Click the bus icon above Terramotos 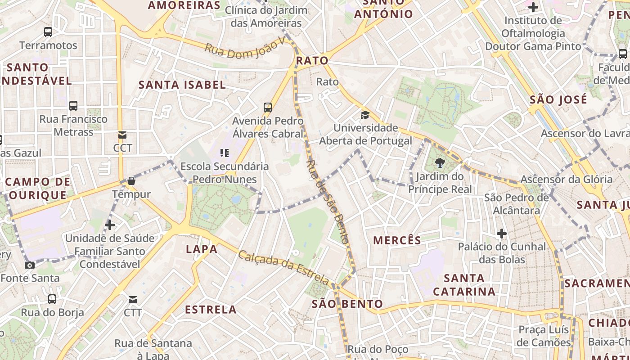point(48,32)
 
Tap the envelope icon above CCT point(122,135)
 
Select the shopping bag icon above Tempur point(131,181)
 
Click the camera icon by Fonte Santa point(30,265)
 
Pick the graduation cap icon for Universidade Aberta point(365,115)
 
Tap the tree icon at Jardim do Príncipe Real point(440,163)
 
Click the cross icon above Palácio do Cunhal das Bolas point(502,234)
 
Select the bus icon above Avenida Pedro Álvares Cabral point(268,107)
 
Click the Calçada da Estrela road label point(283,267)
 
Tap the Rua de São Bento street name point(327,202)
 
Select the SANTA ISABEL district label point(182,85)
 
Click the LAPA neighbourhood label point(202,249)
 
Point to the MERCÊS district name point(397,240)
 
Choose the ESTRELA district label point(211,309)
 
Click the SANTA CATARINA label point(464,285)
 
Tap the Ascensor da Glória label point(566,180)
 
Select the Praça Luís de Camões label point(544,336)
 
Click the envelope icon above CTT point(132,300)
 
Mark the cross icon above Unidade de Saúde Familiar point(110,225)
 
